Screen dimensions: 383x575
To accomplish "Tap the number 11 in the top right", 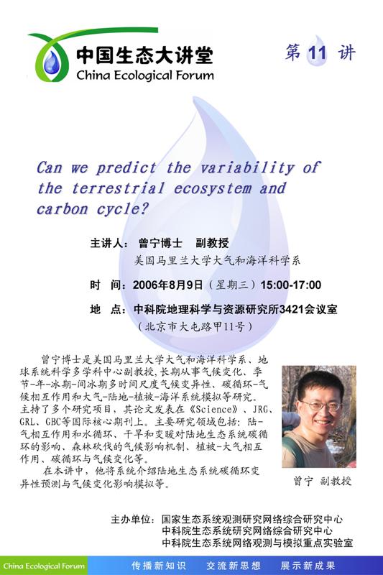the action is click(x=317, y=53).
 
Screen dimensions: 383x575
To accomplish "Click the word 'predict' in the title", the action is click(x=126, y=168).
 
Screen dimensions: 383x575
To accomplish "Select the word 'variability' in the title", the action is click(x=247, y=168).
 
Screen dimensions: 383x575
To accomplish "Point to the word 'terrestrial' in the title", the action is click(x=118, y=188).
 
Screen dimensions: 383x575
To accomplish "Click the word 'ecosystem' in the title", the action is click(x=213, y=189).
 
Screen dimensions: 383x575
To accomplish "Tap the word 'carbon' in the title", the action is click(x=62, y=209).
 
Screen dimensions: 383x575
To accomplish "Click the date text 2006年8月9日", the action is click(x=168, y=285).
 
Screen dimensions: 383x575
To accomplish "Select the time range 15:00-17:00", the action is click(x=291, y=285).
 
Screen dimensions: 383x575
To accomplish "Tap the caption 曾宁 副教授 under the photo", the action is click(x=323, y=481).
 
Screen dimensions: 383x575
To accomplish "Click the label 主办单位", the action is click(x=131, y=519).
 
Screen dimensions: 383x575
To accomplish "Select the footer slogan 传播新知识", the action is click(x=158, y=566).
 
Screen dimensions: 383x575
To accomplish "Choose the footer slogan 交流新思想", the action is click(x=233, y=566).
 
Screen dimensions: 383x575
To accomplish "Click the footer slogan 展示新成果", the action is click(x=308, y=566).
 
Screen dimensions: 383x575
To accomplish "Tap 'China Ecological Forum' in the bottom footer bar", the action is click(x=44, y=566).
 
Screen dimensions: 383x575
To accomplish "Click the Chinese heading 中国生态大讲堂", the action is click(x=144, y=55).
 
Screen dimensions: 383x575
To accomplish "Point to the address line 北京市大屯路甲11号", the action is click(x=195, y=326).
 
